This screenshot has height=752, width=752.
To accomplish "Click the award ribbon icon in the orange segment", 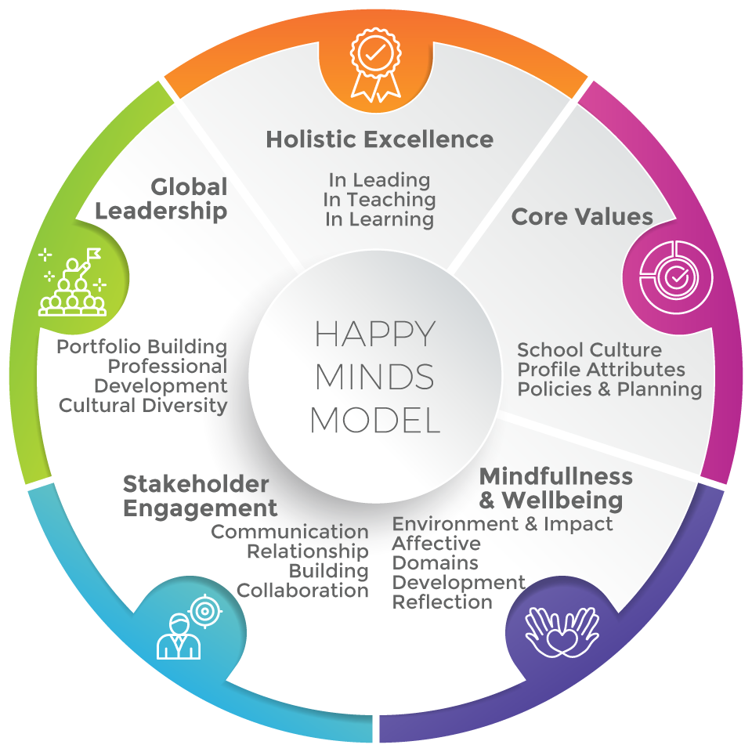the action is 375,65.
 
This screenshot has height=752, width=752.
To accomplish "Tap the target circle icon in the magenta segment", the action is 676,277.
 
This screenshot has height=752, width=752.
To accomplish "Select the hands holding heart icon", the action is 562,632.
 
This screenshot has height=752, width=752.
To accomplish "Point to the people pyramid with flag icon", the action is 72,282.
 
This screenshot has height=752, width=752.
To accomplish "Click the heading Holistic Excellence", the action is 379,139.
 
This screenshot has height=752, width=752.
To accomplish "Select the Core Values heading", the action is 582,216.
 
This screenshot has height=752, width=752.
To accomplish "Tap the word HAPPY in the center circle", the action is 375,334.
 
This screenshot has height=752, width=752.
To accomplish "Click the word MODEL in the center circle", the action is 375,420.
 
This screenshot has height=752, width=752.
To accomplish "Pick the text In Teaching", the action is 379,200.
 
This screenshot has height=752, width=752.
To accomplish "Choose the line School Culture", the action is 589,349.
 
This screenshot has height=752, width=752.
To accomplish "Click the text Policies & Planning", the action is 609,389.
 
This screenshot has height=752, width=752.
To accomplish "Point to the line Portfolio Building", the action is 142,347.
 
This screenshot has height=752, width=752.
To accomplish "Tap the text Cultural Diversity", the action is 143,406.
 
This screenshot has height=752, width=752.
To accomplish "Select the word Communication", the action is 290,531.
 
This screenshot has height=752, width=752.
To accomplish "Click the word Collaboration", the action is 302,591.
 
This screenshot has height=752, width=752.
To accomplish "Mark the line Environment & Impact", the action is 502,524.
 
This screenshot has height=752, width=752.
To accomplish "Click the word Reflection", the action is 442,602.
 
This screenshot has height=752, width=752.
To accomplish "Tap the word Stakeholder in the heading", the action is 196,484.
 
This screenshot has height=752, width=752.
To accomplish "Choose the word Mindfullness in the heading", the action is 556,476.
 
